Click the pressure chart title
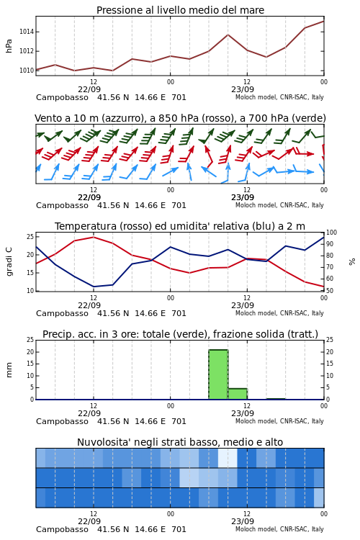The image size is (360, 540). point(180,10)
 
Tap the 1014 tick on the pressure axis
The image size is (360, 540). point(26,32)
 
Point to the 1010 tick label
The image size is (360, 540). point(26,71)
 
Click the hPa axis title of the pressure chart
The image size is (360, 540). point(9,46)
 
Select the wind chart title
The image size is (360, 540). point(180,118)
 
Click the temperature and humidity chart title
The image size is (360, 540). point(180,226)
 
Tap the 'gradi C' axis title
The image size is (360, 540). point(9,261)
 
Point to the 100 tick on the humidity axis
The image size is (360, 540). point(331,233)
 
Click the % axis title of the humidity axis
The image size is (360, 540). point(352,262)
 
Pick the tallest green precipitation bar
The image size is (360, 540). point(218,374)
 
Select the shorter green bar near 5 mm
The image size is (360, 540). point(238,394)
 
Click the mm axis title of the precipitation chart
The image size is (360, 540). point(9,370)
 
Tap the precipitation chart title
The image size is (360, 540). point(180,334)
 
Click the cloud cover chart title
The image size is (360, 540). point(180,442)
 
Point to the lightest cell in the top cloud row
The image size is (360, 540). point(228,458)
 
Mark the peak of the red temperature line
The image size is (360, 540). point(94,237)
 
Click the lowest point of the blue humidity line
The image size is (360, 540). point(94,287)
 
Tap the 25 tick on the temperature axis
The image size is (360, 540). point(30,237)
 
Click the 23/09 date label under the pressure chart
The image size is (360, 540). point(243,89)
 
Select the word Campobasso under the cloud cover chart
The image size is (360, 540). point(62,529)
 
